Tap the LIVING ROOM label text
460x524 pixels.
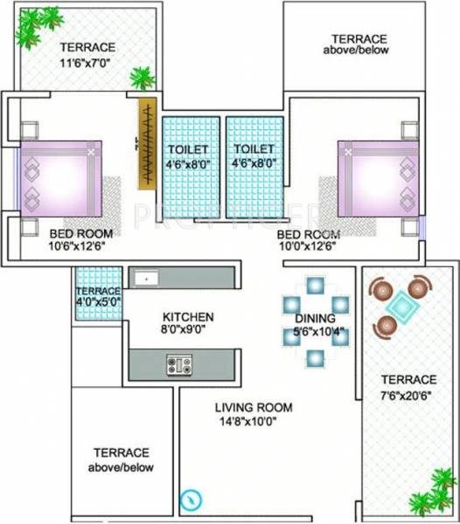click(255, 408)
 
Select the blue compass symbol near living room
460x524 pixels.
click(189, 500)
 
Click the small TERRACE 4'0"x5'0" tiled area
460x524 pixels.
click(97, 298)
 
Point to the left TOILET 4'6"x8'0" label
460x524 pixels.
click(189, 155)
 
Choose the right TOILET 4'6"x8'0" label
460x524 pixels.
click(255, 155)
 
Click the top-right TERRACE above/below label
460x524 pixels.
click(359, 45)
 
